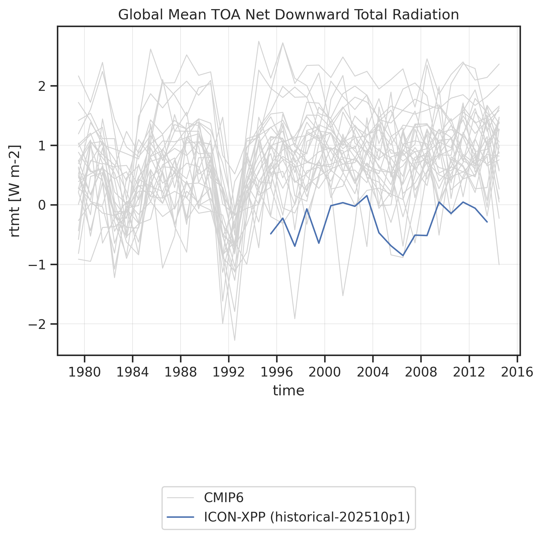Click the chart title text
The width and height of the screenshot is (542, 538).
(288, 15)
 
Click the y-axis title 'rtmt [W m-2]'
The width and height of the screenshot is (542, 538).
(15, 191)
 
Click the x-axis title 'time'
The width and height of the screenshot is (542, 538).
(288, 390)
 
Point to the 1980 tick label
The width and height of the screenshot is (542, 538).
(85, 372)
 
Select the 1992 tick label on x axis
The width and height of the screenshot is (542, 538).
(229, 372)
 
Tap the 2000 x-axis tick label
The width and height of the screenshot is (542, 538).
(324, 372)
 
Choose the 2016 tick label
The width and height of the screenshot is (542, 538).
(517, 372)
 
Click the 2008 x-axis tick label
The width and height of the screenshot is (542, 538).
(421, 372)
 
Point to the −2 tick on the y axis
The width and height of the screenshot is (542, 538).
(37, 324)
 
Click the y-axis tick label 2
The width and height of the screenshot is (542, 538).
(42, 86)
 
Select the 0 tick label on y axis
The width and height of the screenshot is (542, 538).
(42, 205)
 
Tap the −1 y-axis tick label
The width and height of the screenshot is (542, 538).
(37, 265)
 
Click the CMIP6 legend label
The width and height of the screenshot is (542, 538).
(224, 498)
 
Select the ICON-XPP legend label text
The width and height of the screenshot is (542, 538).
(307, 517)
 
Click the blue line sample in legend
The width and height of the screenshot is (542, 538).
(181, 517)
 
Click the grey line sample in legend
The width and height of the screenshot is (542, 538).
(181, 498)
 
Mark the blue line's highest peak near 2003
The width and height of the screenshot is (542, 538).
(367, 195)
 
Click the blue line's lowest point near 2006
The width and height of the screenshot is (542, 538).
(403, 255)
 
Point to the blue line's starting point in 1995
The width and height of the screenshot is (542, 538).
(271, 234)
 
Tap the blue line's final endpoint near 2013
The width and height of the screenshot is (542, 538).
(487, 222)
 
